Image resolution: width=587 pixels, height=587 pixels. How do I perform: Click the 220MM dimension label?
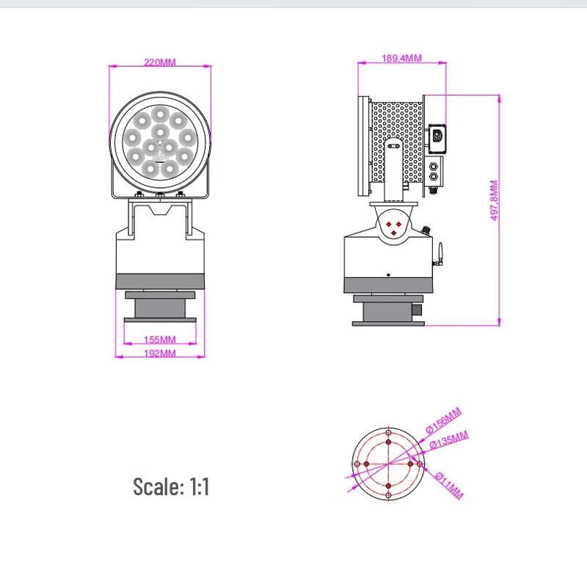click(160, 62)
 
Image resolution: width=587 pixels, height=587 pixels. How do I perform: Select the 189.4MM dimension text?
click(401, 58)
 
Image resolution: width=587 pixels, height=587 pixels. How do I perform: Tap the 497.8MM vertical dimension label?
click(494, 200)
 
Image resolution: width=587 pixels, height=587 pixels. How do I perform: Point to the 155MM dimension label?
click(160, 340)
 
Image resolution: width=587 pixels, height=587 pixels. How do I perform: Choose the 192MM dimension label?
click(160, 353)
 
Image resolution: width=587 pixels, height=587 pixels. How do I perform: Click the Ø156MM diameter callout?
click(444, 420)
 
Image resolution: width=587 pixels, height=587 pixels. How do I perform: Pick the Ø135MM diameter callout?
click(449, 440)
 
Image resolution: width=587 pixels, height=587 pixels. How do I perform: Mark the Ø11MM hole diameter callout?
click(450, 485)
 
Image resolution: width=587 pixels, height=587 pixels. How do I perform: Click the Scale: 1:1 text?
click(171, 486)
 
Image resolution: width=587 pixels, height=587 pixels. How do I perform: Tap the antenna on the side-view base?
click(440, 254)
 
